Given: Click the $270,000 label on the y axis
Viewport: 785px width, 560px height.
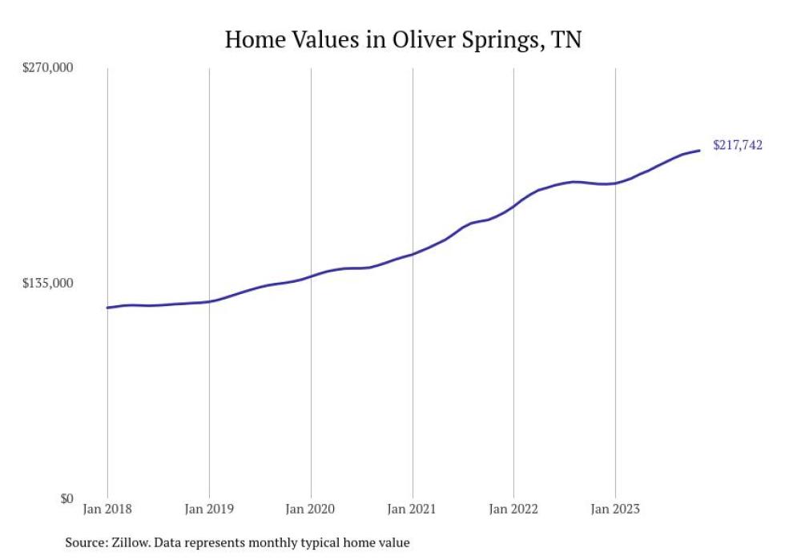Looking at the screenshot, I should tap(47, 68).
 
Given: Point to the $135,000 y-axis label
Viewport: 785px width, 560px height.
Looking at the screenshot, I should tap(47, 283).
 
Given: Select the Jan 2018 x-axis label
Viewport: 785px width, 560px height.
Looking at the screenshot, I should tap(107, 509).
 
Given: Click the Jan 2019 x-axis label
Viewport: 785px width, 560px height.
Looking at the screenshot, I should tap(209, 509).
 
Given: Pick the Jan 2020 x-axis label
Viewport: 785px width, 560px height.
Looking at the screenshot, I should tap(311, 509).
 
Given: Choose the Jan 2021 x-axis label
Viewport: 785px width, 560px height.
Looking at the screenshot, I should tap(413, 509).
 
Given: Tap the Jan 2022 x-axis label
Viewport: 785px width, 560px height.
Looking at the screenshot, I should tap(513, 509).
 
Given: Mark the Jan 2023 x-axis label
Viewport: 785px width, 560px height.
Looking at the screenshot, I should tap(615, 509).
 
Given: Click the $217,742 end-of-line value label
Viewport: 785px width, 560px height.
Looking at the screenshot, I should tap(737, 145).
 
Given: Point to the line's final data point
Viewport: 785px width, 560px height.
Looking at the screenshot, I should tap(700, 150).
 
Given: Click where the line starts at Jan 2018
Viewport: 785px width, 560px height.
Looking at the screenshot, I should tap(107, 308).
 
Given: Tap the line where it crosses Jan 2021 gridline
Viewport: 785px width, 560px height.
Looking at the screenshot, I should tap(413, 254).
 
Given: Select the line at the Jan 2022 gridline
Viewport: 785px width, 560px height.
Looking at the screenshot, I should tap(513, 207).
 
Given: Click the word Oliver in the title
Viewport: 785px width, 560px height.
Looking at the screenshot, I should tap(422, 39).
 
